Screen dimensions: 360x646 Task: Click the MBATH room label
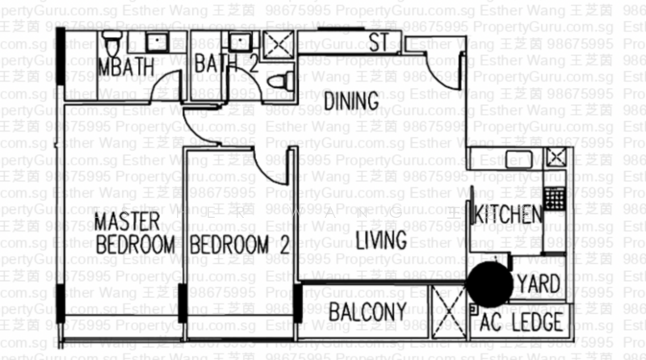pyautogui.click(x=125, y=67)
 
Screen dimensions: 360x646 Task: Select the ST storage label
pyautogui.click(x=379, y=44)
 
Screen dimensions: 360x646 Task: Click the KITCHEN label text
pyautogui.click(x=507, y=216)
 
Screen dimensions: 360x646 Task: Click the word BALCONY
pyautogui.click(x=367, y=313)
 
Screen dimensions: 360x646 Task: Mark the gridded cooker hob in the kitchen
pyautogui.click(x=553, y=196)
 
